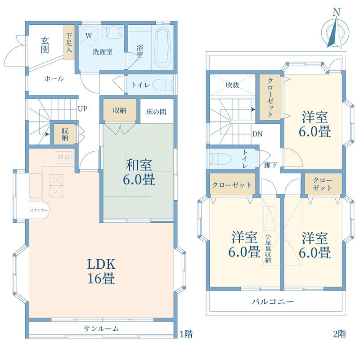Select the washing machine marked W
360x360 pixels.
click(89, 35)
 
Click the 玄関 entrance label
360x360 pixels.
click(45, 45)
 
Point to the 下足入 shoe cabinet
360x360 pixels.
click(69, 42)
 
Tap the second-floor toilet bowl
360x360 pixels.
click(220, 159)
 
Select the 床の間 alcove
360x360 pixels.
click(157, 111)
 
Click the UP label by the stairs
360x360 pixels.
click(83, 108)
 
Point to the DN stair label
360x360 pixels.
click(257, 134)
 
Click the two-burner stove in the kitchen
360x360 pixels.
click(64, 157)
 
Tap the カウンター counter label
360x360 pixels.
click(39, 210)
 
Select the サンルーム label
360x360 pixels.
click(101, 329)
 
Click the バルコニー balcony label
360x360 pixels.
click(273, 301)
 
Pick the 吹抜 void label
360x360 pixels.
click(232, 85)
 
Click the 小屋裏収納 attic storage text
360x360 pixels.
click(268, 248)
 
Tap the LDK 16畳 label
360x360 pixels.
click(101, 271)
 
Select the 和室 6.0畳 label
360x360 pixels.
click(139, 172)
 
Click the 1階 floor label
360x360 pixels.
click(186, 333)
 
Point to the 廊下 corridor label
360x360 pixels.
click(270, 165)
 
